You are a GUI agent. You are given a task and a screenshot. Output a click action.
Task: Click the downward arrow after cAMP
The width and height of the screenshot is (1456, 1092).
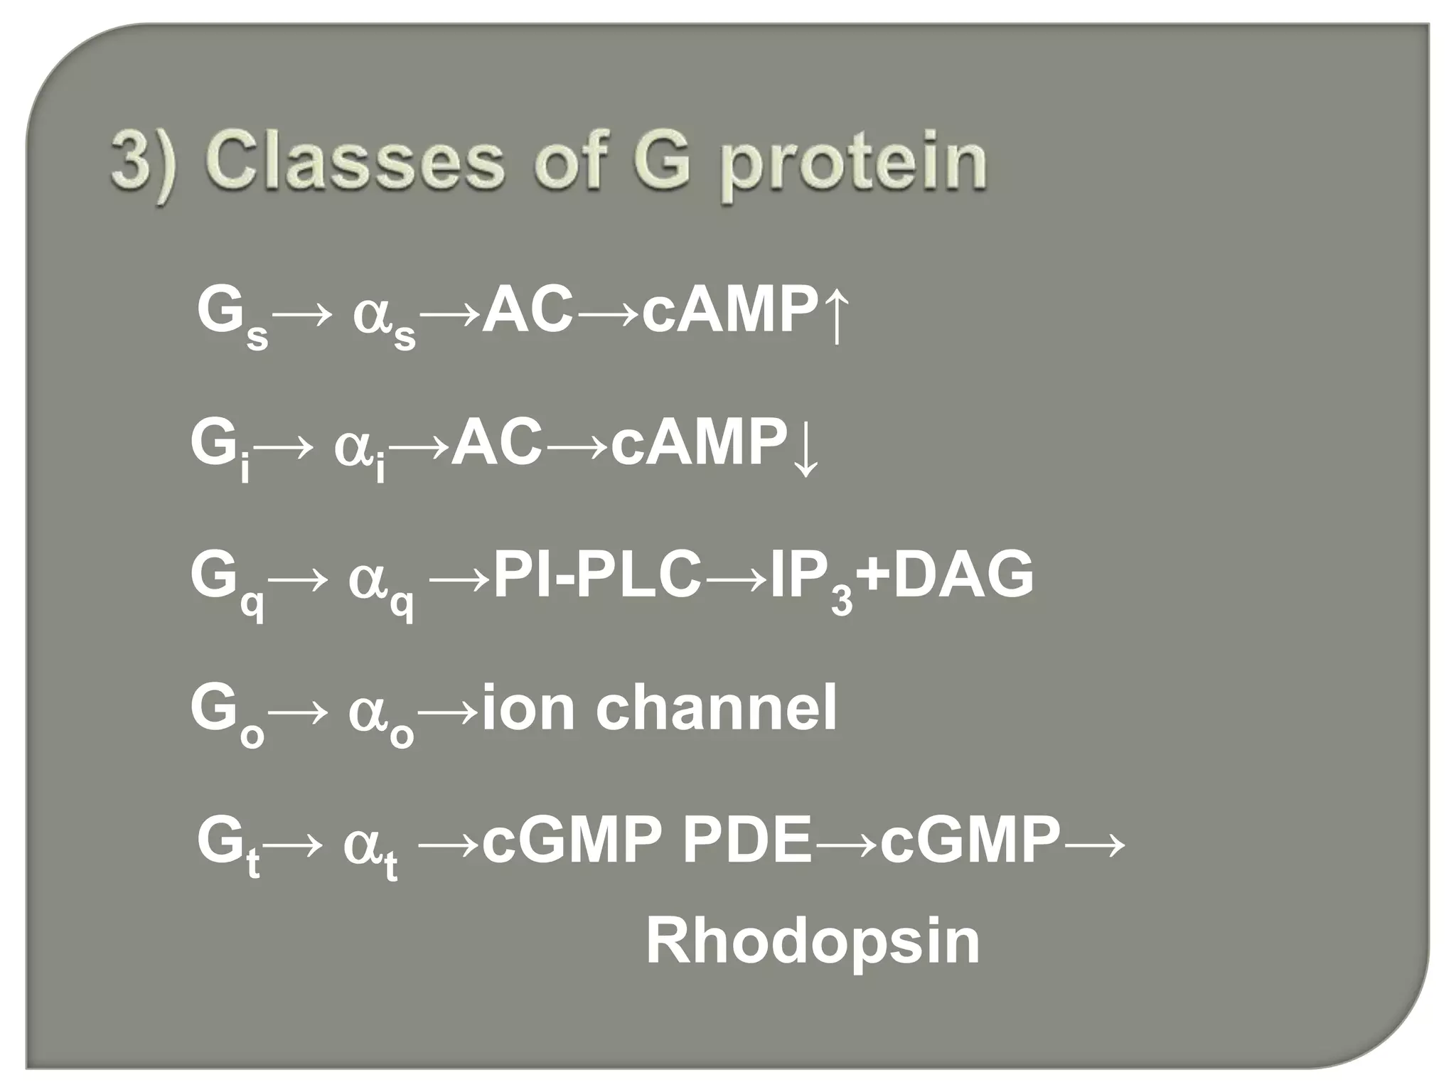coord(805,446)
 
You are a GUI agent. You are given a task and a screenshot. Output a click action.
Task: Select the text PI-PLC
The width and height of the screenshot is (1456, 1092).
coord(596,576)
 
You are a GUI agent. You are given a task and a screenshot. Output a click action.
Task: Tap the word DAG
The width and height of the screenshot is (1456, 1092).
coord(963,576)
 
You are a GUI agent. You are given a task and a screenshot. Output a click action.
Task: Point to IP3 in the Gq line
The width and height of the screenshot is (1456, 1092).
coord(810,579)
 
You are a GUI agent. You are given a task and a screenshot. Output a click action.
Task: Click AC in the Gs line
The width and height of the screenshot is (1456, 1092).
coord(527,311)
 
